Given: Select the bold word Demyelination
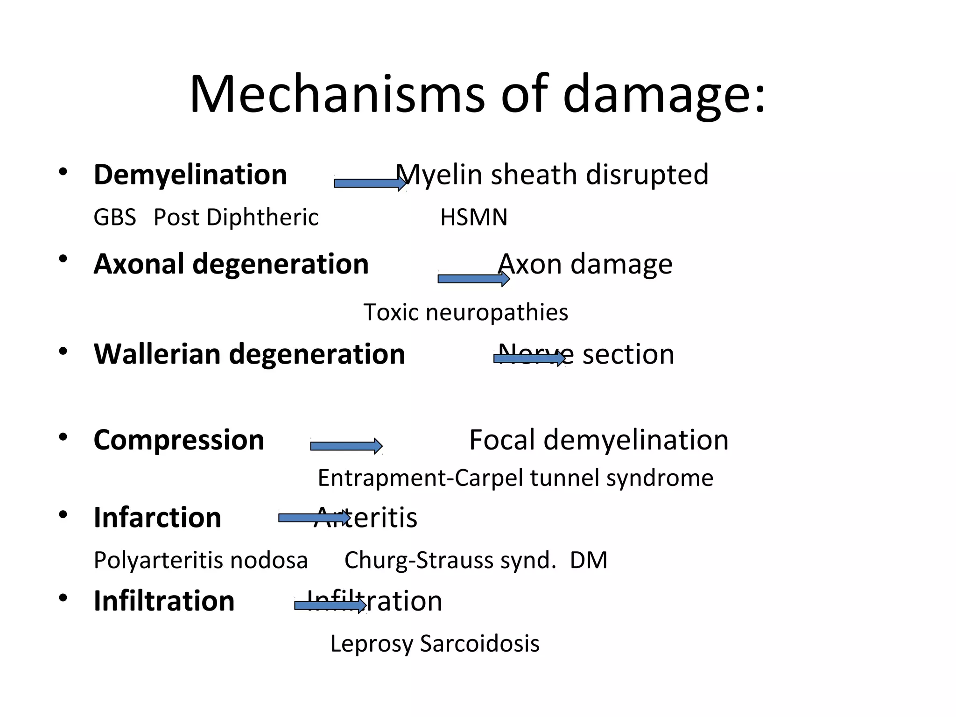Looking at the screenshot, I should pyautogui.click(x=190, y=175).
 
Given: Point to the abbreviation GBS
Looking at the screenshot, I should pyautogui.click(x=115, y=218).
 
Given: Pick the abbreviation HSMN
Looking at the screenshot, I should pyautogui.click(x=473, y=218).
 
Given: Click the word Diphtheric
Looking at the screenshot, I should pyautogui.click(x=262, y=218).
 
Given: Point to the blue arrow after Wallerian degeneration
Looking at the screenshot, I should pyautogui.click(x=529, y=358).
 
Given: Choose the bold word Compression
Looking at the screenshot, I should pyautogui.click(x=179, y=440).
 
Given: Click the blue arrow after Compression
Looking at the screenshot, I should pyautogui.click(x=346, y=446).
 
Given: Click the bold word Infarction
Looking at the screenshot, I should pyautogui.click(x=157, y=518).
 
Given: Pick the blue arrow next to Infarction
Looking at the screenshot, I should pyautogui.click(x=314, y=518).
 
